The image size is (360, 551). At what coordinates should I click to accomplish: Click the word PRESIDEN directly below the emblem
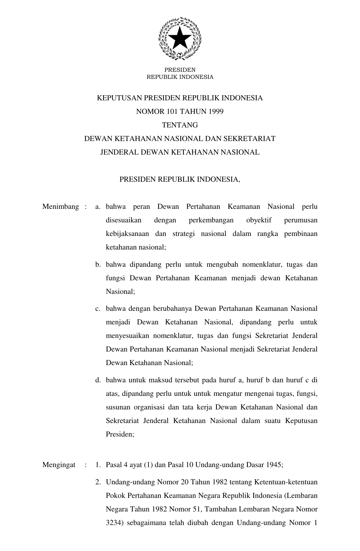[x=180, y=70]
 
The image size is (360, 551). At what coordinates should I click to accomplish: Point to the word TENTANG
[x=180, y=125]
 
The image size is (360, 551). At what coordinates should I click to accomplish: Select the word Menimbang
[x=60, y=207]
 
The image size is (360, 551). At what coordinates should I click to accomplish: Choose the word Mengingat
[x=59, y=465]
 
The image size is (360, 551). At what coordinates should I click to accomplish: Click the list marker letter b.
[x=98, y=265]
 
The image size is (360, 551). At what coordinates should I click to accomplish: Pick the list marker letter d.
[x=98, y=380]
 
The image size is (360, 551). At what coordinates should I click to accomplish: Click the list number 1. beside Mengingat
[x=98, y=465]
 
